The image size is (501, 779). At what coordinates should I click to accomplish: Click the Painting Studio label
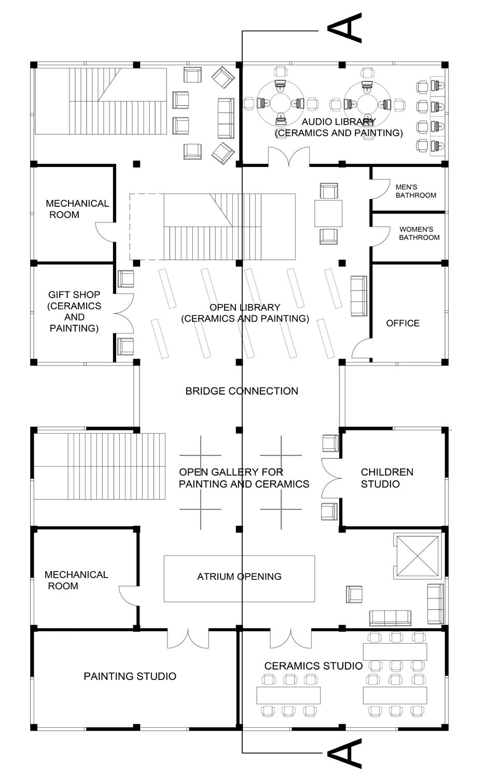pyautogui.click(x=130, y=676)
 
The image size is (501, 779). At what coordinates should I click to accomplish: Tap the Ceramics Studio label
pyautogui.click(x=313, y=665)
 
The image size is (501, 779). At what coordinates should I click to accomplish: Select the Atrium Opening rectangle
pyautogui.click(x=239, y=578)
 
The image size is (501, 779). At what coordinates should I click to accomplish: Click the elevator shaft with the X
pyautogui.click(x=417, y=557)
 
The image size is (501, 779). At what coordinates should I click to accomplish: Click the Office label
pyautogui.click(x=402, y=323)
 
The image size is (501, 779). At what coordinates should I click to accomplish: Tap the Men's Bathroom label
pyautogui.click(x=415, y=191)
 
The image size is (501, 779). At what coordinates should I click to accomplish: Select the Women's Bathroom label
pyautogui.click(x=419, y=233)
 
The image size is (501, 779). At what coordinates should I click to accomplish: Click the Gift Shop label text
pyautogui.click(x=74, y=311)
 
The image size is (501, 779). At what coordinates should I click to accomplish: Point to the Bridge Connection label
pyautogui.click(x=242, y=391)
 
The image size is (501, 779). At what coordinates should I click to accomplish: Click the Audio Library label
pyautogui.click(x=339, y=127)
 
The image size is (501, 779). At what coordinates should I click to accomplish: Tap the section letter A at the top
pyautogui.click(x=345, y=28)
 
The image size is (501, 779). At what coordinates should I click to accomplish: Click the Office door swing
pyautogui.click(x=360, y=348)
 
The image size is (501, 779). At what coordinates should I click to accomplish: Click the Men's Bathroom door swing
pyautogui.click(x=380, y=189)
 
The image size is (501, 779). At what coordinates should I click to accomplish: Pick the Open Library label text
pyautogui.click(x=245, y=313)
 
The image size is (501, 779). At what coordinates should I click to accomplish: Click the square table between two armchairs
pyautogui.click(x=328, y=213)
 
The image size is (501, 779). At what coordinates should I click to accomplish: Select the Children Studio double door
pyautogui.click(x=331, y=478)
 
